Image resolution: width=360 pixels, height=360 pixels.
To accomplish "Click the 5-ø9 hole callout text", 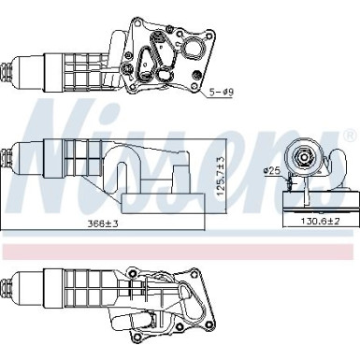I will [223, 93].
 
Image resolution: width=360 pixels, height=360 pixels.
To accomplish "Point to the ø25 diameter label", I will [271, 171].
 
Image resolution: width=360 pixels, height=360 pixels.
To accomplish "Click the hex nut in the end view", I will [304, 155].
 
